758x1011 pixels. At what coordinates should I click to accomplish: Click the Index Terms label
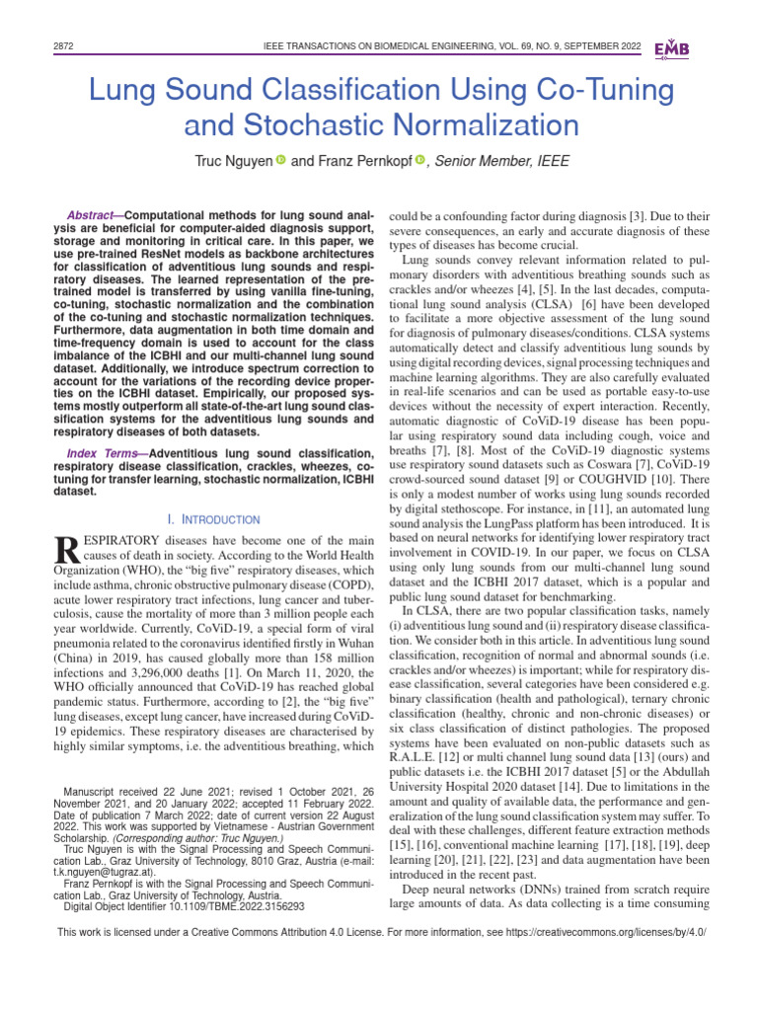tap(103, 452)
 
